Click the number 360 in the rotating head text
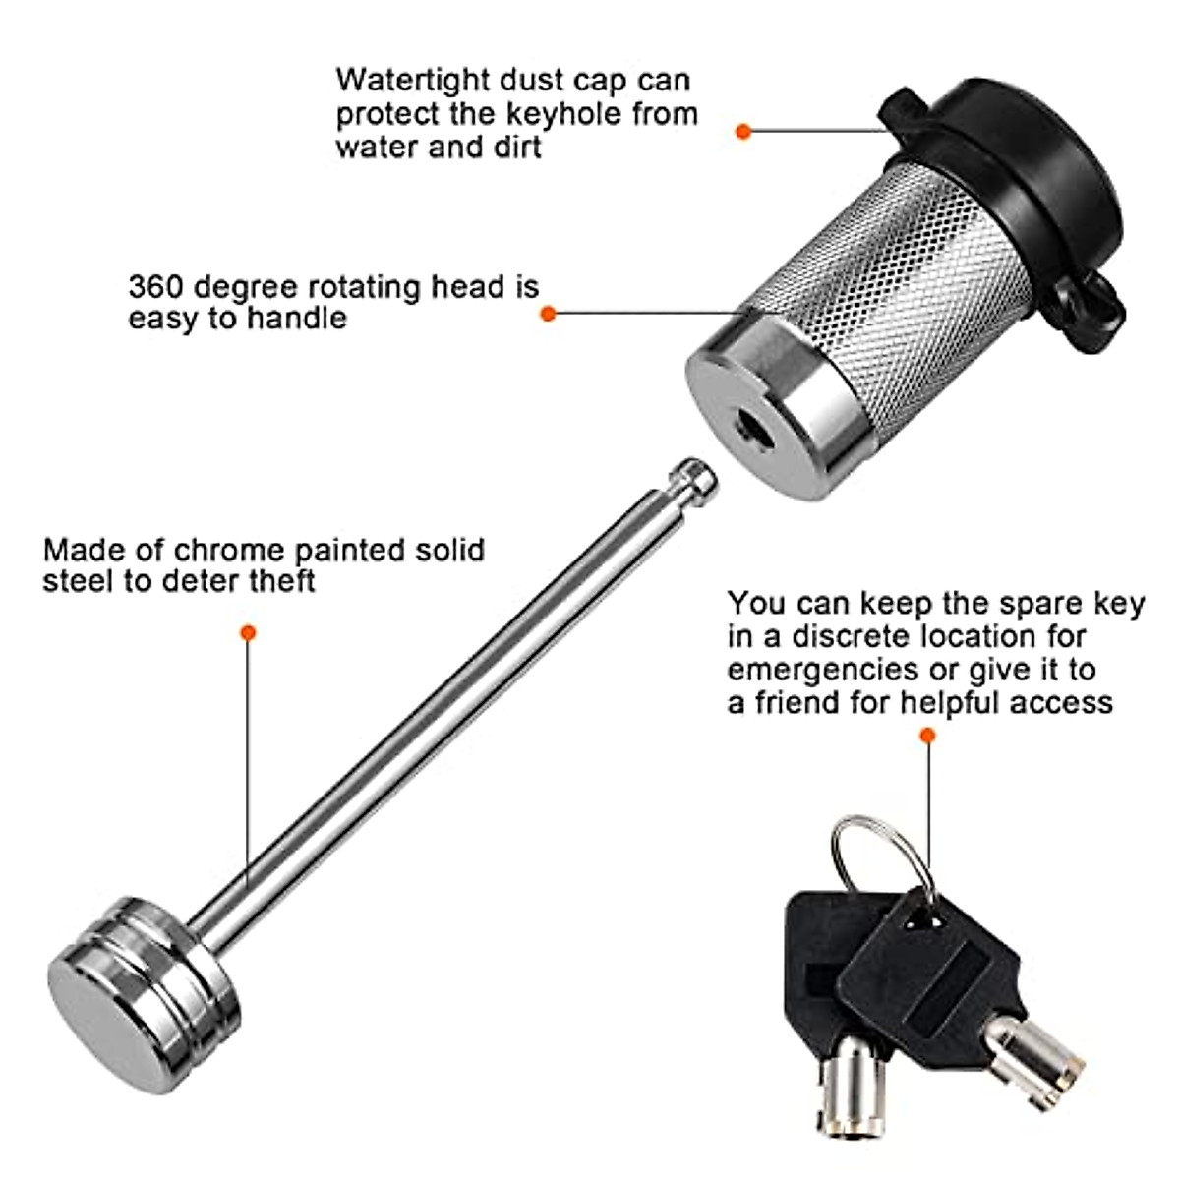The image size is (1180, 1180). (155, 287)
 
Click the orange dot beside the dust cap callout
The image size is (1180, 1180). (743, 130)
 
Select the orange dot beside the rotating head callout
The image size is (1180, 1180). (549, 314)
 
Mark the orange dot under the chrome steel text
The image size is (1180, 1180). (248, 633)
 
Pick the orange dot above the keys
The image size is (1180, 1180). (926, 735)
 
